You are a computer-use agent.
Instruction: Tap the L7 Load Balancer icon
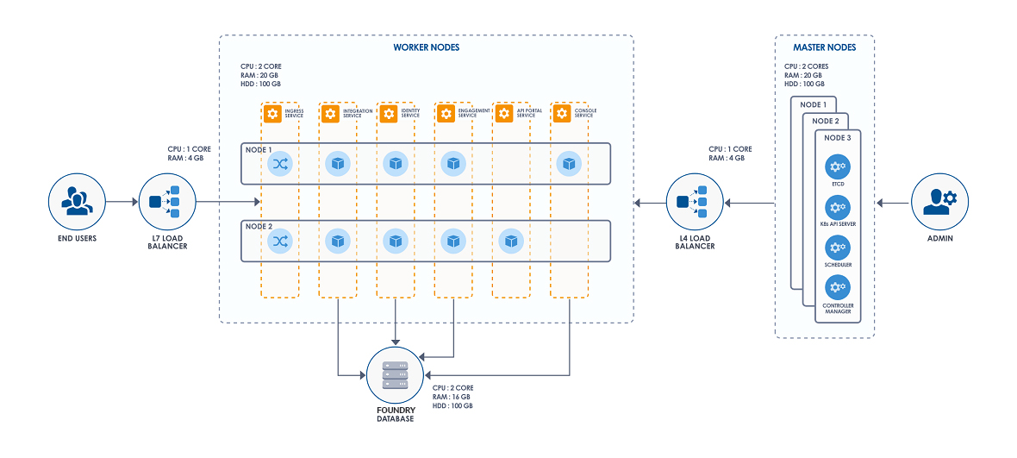click(165, 202)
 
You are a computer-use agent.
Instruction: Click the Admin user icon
click(939, 202)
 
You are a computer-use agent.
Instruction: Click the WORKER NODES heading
click(426, 47)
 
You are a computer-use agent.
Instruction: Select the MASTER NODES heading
click(825, 47)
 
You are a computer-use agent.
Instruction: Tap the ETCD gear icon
click(837, 167)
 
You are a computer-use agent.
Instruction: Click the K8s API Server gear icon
click(837, 208)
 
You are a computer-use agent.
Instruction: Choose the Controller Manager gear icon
click(837, 287)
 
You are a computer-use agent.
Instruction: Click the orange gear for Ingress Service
click(272, 114)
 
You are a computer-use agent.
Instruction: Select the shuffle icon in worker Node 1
click(280, 163)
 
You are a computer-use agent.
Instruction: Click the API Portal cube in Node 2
click(512, 242)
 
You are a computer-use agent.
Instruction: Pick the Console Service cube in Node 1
click(567, 163)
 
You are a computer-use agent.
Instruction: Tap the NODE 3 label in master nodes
click(837, 138)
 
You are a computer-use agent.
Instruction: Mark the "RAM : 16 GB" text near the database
click(452, 397)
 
